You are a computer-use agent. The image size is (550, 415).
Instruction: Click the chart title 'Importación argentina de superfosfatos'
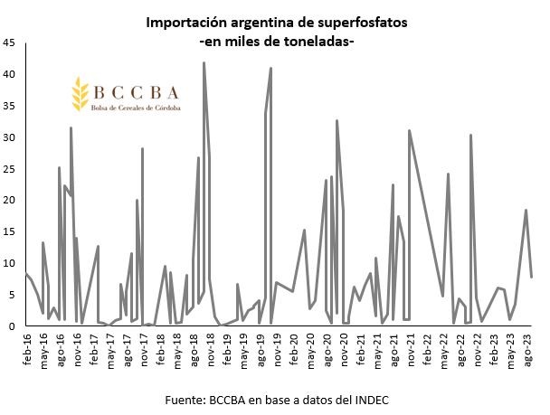coord(275,23)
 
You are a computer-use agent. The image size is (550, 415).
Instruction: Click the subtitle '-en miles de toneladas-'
coord(275,42)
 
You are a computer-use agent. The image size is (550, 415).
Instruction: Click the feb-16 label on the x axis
coord(26,347)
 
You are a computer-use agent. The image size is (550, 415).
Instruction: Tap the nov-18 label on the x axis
coord(210,347)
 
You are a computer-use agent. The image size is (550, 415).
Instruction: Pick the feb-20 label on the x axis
coord(293,347)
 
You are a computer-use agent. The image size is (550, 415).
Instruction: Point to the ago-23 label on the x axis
coord(527,347)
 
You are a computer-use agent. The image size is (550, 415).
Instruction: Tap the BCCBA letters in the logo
coord(134,92)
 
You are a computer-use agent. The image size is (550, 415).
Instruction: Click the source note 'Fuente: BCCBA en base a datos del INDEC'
coord(274,399)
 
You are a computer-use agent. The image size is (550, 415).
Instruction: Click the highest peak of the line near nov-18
coord(204,62)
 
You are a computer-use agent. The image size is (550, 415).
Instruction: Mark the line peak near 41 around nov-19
coord(270,69)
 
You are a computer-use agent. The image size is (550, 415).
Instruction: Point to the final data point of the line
coord(531,277)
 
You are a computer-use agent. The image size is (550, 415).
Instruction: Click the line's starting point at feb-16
coord(25,273)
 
